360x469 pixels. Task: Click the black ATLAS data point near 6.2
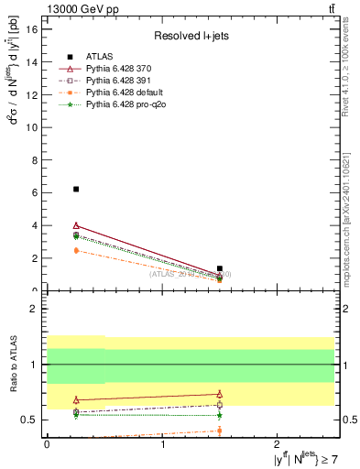tap(76, 189)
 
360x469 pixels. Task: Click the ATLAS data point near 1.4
tap(220, 268)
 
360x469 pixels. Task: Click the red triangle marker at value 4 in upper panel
tap(76, 224)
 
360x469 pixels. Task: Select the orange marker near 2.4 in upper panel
tap(76, 250)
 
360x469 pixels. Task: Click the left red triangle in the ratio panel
tap(76, 399)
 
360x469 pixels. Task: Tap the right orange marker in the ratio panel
tap(220, 431)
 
